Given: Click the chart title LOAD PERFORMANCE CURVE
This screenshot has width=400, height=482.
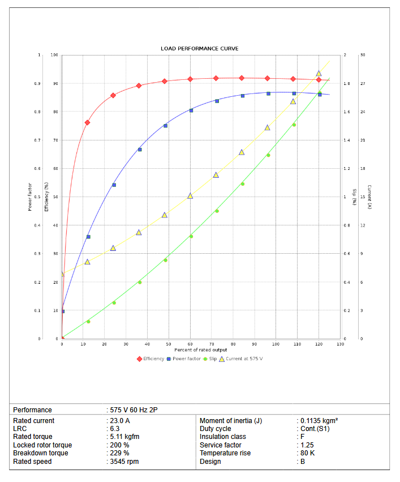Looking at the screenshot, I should point(200,49).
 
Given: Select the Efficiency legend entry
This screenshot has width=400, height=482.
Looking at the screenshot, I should point(153,359).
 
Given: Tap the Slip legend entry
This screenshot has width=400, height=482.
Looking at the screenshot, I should point(213,359).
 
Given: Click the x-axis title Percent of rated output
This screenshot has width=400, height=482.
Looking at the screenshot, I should point(201,350).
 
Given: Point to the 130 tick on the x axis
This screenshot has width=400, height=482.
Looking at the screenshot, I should point(340,344).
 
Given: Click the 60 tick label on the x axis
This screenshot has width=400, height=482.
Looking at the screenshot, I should point(190,344).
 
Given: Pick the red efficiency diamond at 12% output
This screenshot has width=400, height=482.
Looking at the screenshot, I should point(87,122).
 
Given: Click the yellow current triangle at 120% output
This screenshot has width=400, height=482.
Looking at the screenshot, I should point(319,74).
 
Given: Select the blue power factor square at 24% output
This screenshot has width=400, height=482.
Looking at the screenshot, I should point(114,185).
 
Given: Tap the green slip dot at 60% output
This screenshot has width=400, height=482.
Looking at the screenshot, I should point(191,236).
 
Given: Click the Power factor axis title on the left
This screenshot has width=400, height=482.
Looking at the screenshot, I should point(30,197).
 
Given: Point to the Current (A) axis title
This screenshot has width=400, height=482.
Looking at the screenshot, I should point(369,197).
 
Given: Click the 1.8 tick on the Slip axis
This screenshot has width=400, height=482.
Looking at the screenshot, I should point(346,84).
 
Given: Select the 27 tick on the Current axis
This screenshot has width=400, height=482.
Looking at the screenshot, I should point(362,84).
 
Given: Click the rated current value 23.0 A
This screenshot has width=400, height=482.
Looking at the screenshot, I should point(119,421).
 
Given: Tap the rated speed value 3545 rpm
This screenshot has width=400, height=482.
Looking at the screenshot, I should point(124,462).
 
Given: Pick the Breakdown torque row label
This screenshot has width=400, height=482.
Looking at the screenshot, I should point(41,453).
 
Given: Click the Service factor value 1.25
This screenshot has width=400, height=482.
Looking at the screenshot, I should point(307,445).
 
